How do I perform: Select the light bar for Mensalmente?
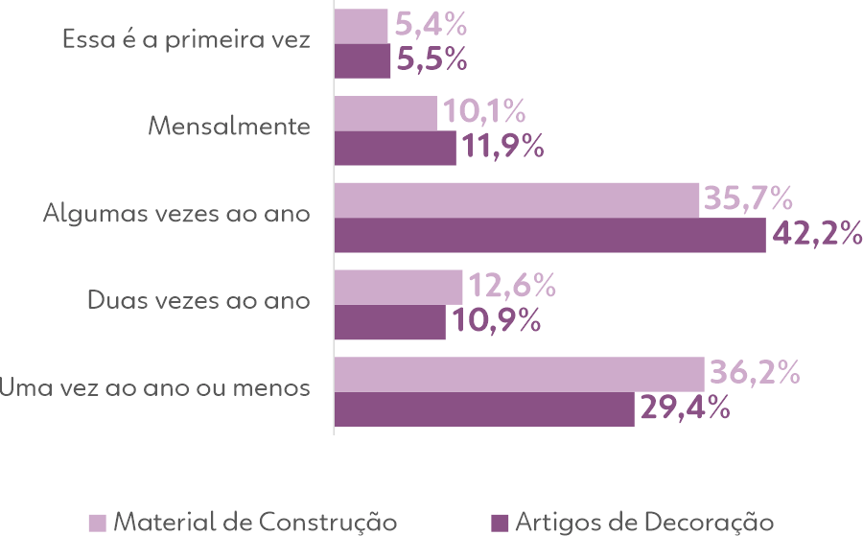tap(386, 113)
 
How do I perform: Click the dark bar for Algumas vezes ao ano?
tap(550, 235)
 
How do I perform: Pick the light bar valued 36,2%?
tap(520, 374)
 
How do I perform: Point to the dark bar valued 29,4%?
tap(484, 409)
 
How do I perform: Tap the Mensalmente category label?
tap(230, 127)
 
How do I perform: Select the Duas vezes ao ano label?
tap(198, 300)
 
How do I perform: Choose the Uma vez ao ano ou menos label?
tap(155, 388)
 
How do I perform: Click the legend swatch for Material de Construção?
tap(98, 523)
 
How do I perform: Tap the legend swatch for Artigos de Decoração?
tap(499, 523)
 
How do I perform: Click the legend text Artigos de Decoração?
tap(644, 522)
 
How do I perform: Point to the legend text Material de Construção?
tap(255, 522)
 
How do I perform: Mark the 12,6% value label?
tap(512, 286)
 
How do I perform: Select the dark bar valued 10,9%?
tap(390, 322)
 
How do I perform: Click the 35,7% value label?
tap(749, 199)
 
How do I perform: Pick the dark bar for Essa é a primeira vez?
tap(362, 60)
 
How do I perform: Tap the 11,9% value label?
tap(503, 147)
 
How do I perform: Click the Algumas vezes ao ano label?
tap(176, 214)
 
